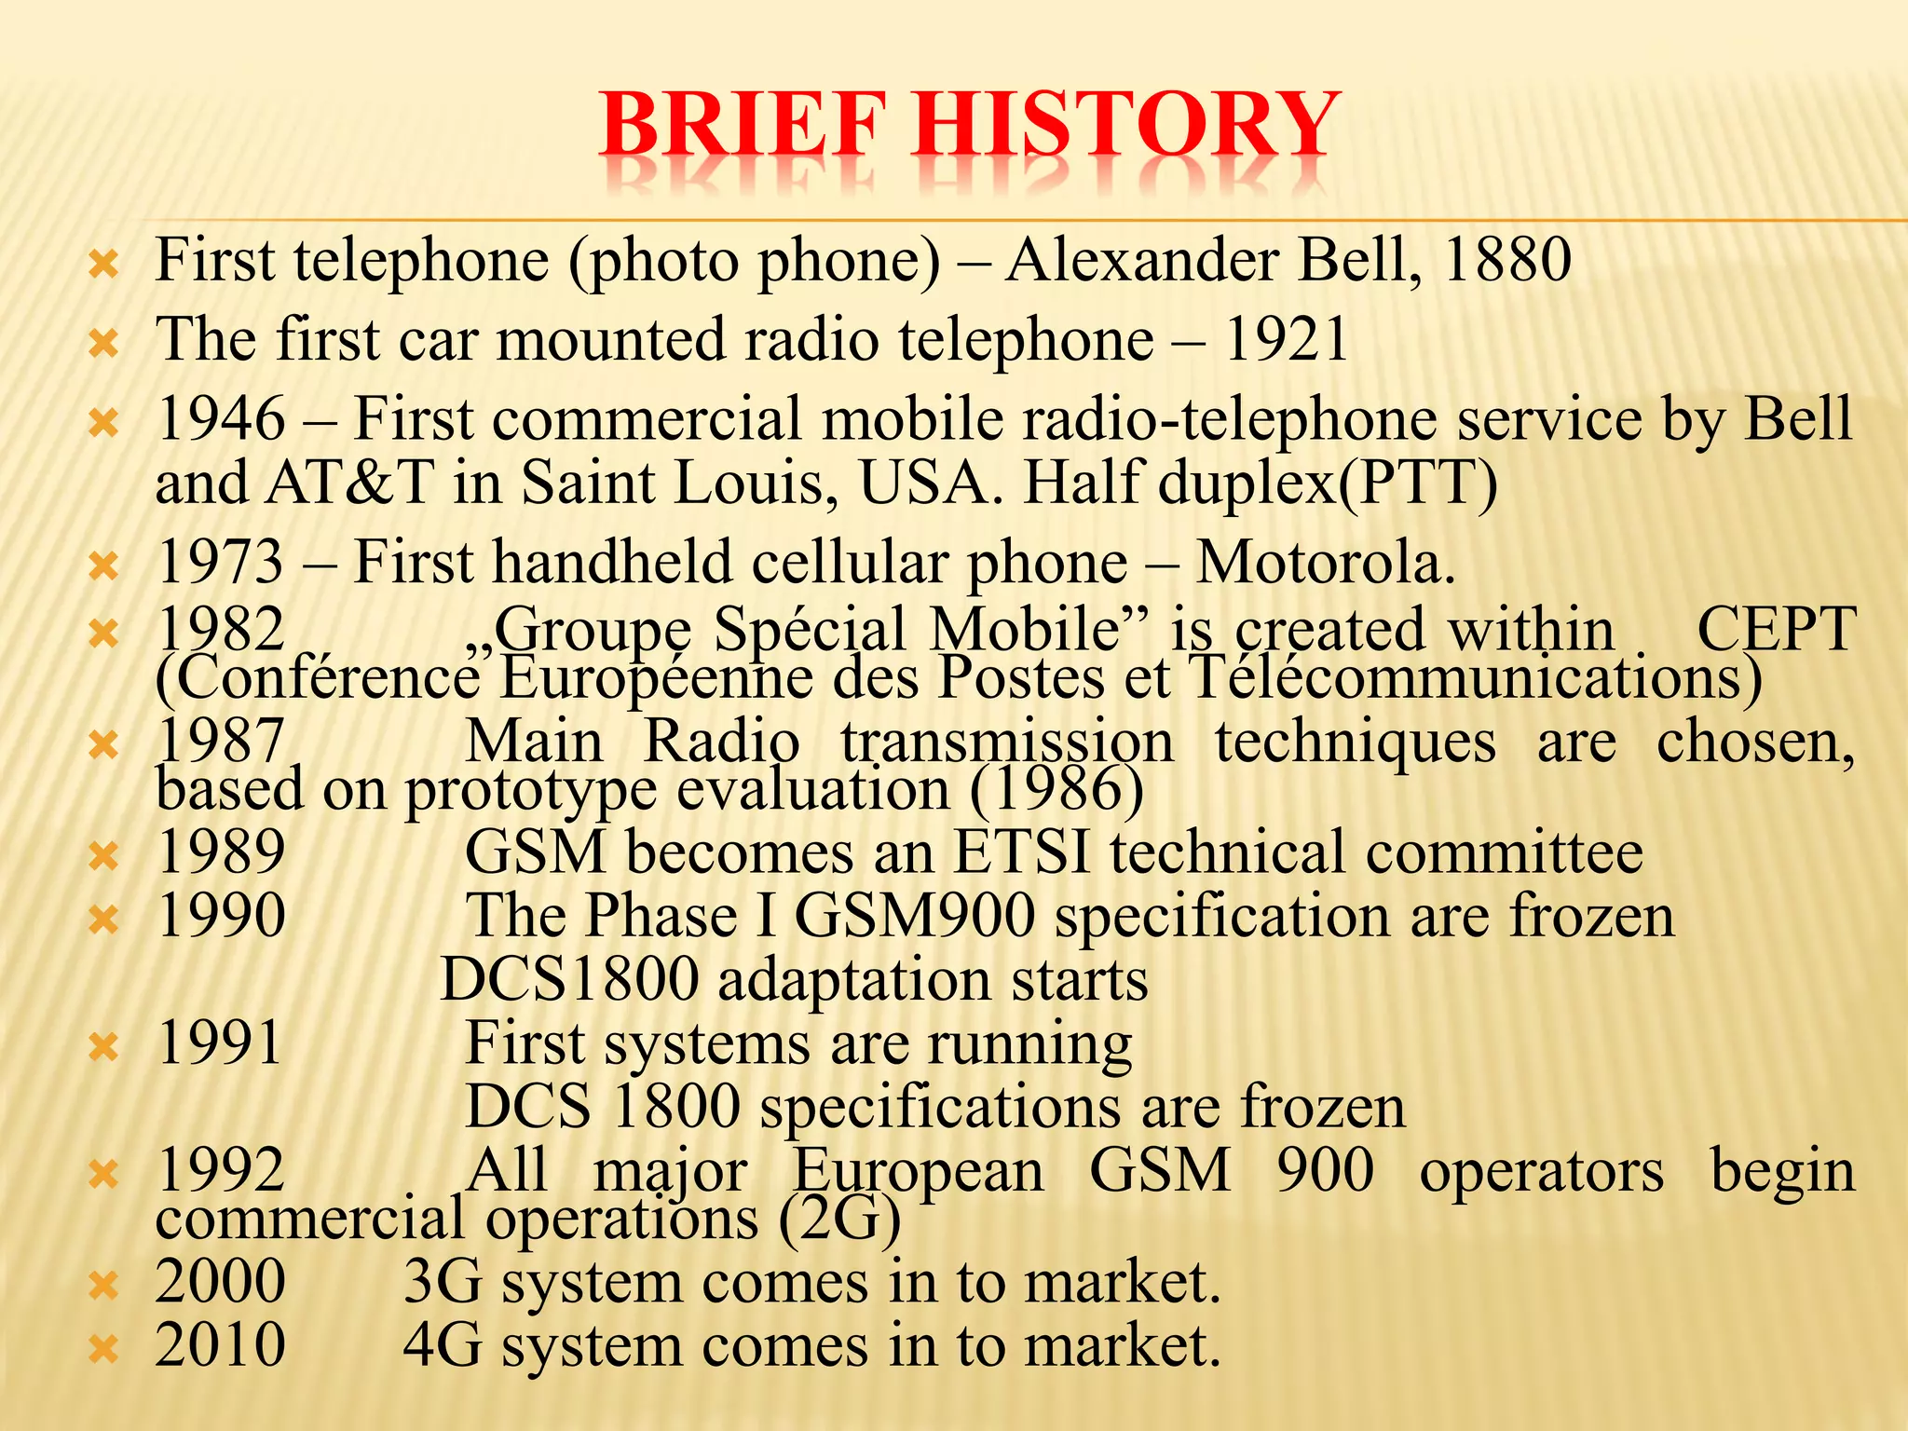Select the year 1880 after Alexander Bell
1506,260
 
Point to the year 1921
1285,339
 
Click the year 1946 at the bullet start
221,418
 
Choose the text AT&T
350,484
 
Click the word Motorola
1324,563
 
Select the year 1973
221,563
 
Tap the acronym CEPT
1776,630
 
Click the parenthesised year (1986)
1056,790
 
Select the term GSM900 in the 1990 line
914,916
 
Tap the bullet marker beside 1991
103,1048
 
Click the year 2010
221,1345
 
